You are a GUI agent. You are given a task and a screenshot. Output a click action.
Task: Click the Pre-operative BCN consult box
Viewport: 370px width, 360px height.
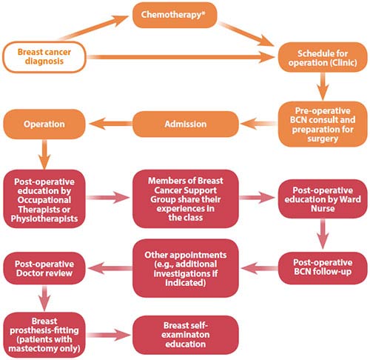point(320,123)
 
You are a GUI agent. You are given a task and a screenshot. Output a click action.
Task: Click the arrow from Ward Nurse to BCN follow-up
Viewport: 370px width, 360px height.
point(320,236)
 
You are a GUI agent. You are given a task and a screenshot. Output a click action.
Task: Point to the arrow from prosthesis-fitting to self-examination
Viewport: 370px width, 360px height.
point(111,329)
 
